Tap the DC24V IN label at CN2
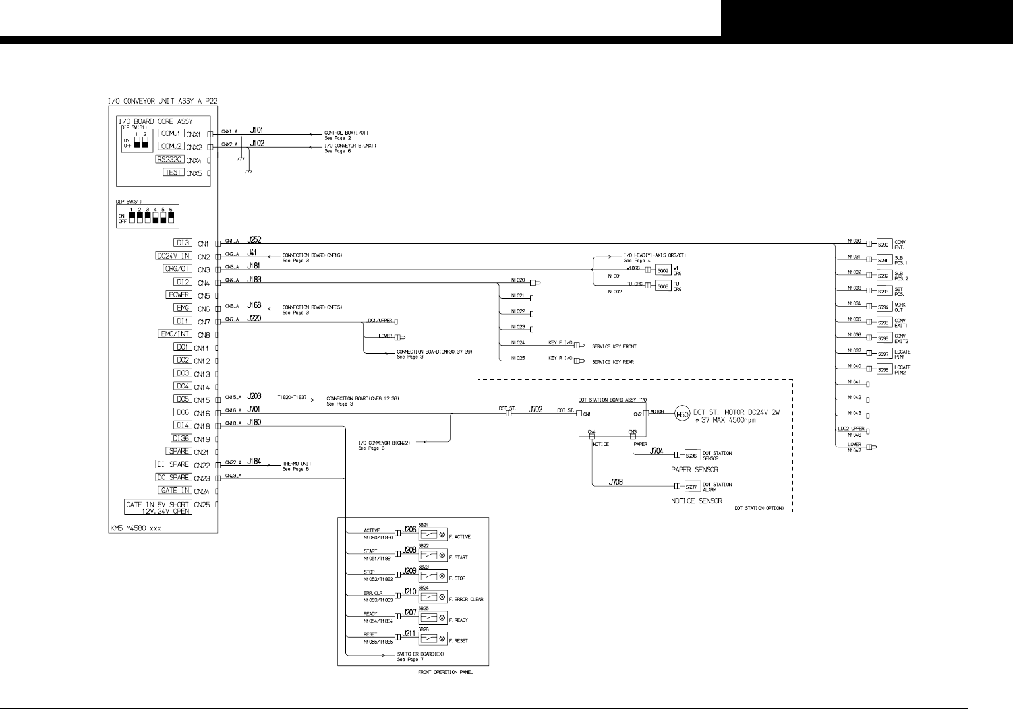click(173, 256)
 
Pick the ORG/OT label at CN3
click(177, 269)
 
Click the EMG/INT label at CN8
click(175, 334)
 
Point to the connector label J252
click(256, 241)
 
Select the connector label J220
click(254, 319)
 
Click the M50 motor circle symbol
click(680, 415)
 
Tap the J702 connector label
click(536, 410)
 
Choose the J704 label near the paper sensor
click(657, 451)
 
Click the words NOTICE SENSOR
click(696, 501)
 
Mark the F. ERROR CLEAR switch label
click(466, 600)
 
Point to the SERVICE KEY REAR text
click(613, 362)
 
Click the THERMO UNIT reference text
click(297, 464)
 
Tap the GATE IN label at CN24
click(175, 490)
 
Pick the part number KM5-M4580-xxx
click(136, 528)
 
